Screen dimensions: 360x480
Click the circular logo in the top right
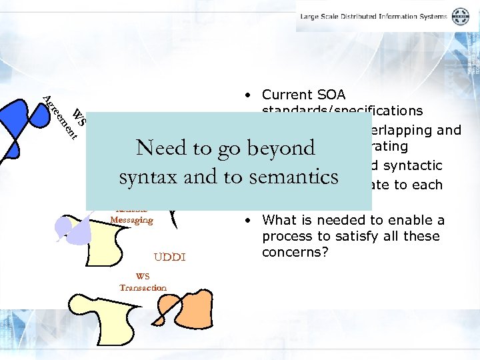click(461, 17)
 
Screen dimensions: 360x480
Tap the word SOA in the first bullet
click(331, 95)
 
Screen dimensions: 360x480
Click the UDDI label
click(169, 257)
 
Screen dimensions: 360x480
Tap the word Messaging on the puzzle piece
click(131, 220)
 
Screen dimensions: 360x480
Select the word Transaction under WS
click(143, 287)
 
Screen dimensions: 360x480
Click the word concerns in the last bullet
click(288, 252)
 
